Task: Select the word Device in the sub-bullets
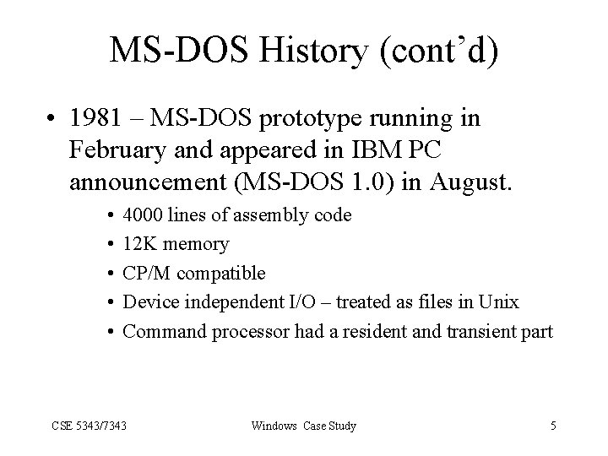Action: point(148,302)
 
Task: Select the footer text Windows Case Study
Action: point(304,426)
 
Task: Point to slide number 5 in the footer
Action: point(552,426)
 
